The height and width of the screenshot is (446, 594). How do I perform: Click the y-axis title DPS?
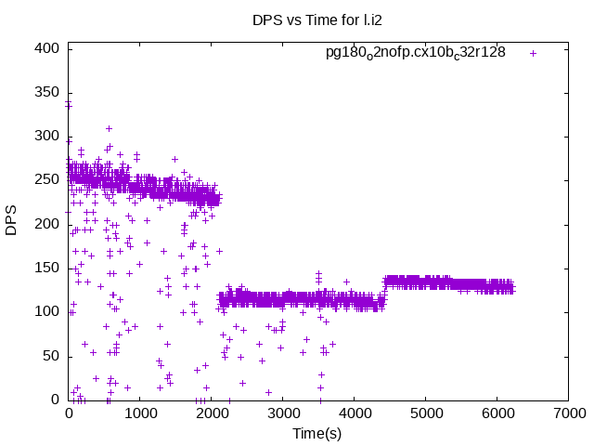click(12, 224)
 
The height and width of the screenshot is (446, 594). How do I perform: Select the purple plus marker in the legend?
click(533, 53)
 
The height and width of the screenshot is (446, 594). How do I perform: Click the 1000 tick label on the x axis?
click(140, 413)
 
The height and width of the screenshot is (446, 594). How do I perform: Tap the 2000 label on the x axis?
click(212, 413)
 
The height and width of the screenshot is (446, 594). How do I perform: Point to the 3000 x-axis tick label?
click(283, 413)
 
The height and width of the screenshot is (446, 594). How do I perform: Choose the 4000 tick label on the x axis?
click(355, 413)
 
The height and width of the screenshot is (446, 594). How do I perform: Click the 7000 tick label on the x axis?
click(568, 413)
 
